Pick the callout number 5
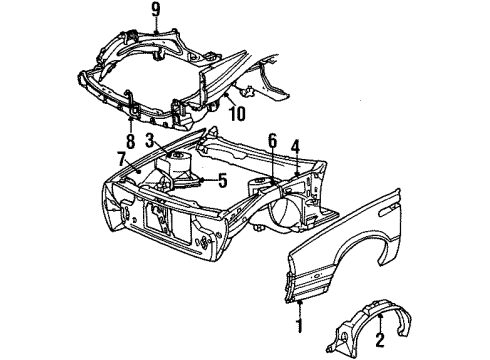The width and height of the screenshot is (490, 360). [223, 180]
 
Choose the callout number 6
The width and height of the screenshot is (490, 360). [273, 143]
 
